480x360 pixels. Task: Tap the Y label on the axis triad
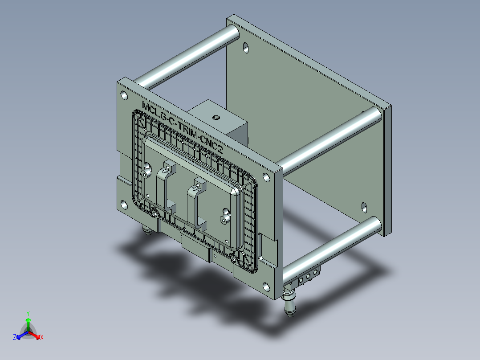pyautogui.click(x=28, y=313)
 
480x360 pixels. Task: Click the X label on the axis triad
pyautogui.click(x=42, y=338)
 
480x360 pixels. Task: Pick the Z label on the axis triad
pyautogui.click(x=15, y=338)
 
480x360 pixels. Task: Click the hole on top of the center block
pyautogui.click(x=216, y=118)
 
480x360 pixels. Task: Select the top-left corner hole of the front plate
pyautogui.click(x=123, y=95)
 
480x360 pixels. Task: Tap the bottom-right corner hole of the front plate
pyautogui.click(x=266, y=287)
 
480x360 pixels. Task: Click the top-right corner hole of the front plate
pyautogui.click(x=266, y=177)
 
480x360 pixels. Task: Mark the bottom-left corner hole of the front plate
pyautogui.click(x=123, y=205)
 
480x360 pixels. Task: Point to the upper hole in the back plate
pyautogui.click(x=246, y=47)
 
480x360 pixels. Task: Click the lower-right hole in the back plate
pyautogui.click(x=364, y=207)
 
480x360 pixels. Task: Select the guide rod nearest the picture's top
pyautogui.click(x=187, y=57)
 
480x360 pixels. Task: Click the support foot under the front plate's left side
pyautogui.click(x=146, y=231)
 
